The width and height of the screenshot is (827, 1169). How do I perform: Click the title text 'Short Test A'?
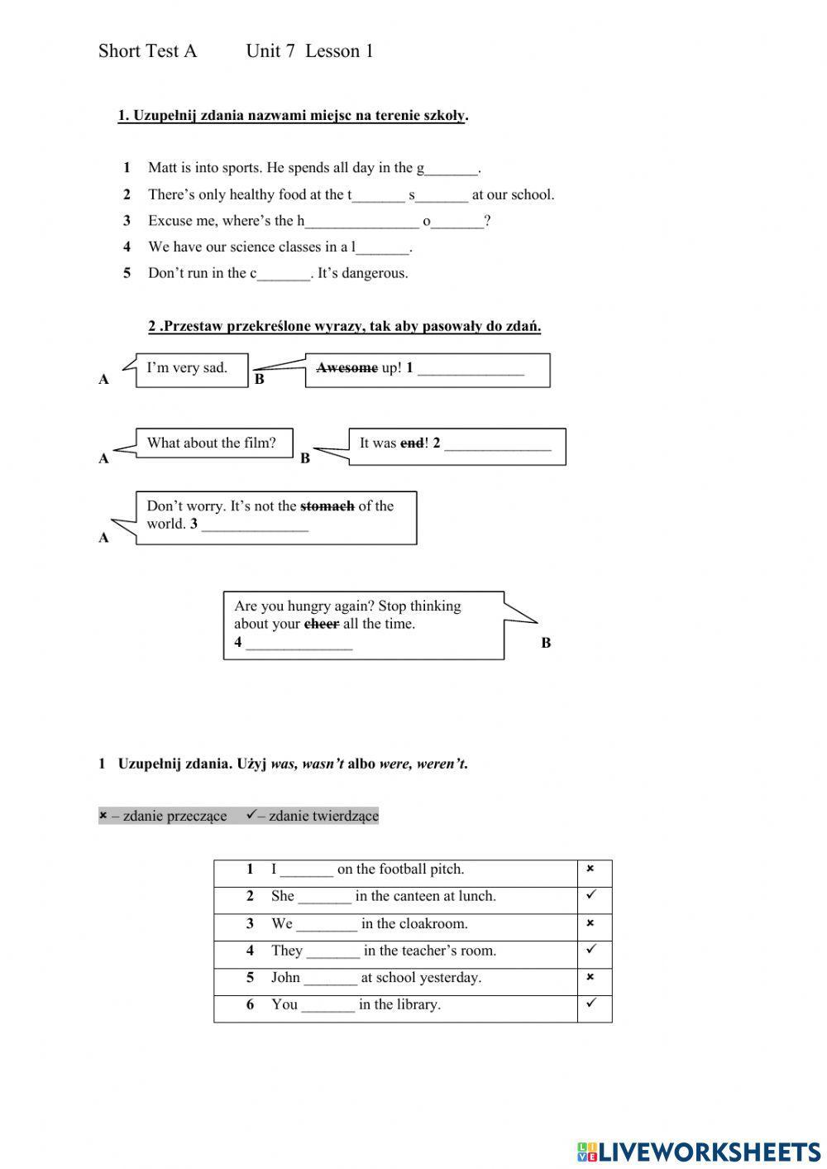pos(148,51)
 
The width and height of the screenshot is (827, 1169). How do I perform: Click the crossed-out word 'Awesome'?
pos(347,368)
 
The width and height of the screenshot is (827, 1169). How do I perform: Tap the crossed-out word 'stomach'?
pos(327,505)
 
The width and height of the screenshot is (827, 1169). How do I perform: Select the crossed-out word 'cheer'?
pos(322,624)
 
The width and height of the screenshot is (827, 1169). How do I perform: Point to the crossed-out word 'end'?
pos(412,443)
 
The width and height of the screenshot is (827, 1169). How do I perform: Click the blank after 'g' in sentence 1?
pos(452,169)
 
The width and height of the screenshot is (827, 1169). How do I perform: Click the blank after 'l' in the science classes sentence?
pos(383,247)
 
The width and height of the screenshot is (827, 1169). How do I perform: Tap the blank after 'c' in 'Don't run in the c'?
pos(284,274)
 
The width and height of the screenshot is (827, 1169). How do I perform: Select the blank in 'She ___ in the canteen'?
pos(324,897)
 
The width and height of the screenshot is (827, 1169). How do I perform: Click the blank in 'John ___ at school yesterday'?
pos(330,979)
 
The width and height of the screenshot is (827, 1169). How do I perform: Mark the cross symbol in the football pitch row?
pos(590,869)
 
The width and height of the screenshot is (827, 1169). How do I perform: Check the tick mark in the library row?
pos(590,1004)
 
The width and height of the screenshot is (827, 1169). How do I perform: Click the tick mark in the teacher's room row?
pos(590,950)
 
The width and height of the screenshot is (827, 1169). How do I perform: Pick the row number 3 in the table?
pos(250,923)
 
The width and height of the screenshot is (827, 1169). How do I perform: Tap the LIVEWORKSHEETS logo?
pos(699,1151)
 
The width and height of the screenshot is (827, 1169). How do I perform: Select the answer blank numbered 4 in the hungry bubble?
pos(299,644)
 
